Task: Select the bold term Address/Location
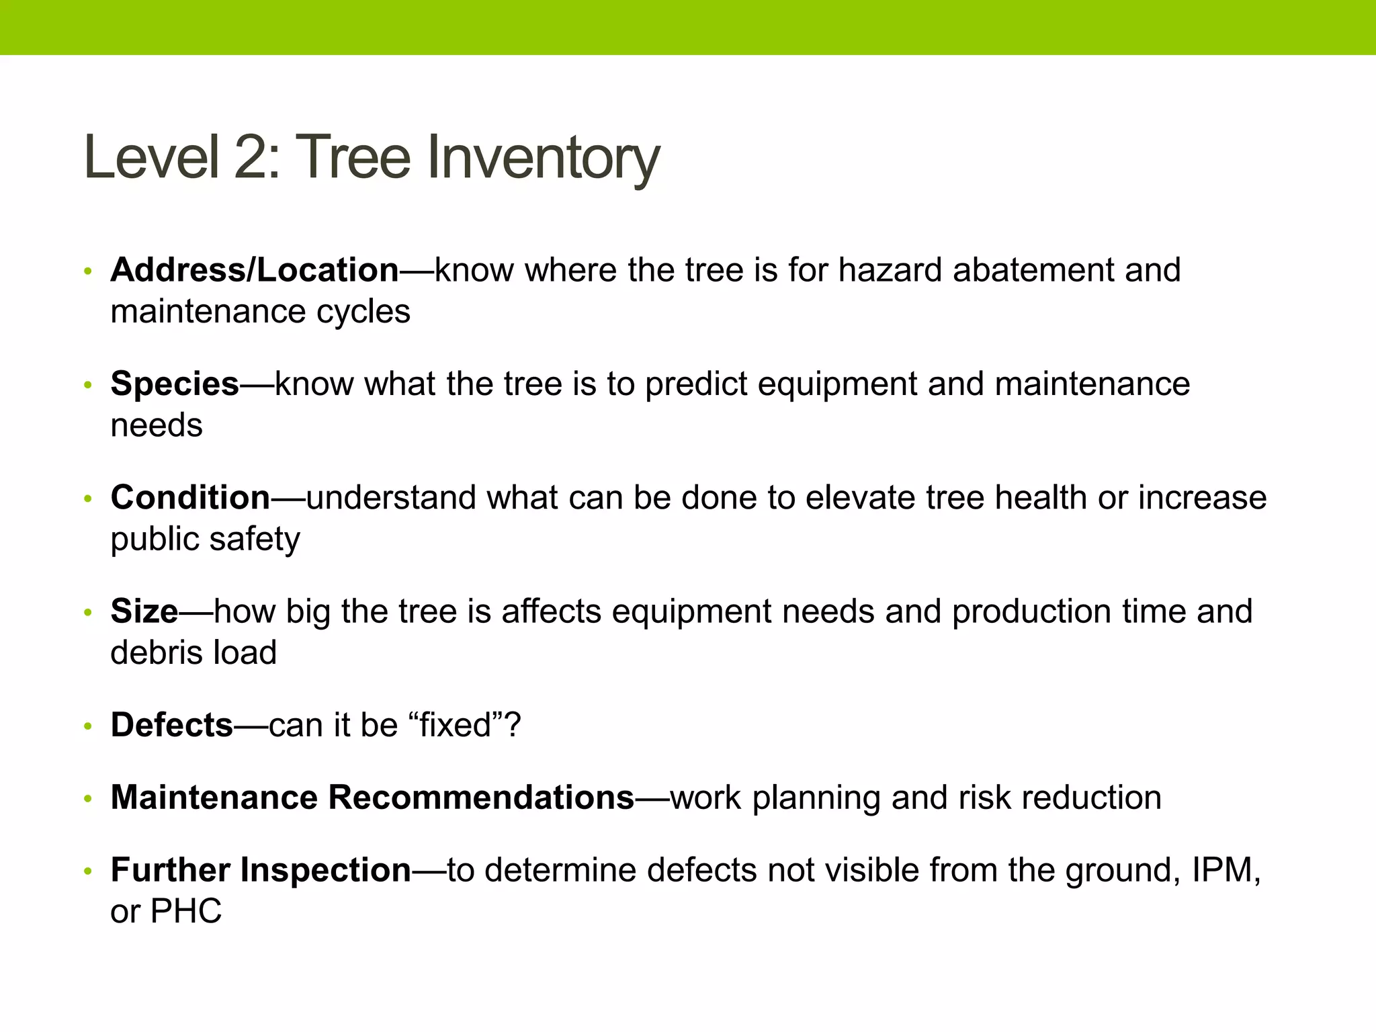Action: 255,270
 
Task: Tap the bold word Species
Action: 175,384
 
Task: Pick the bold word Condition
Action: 190,498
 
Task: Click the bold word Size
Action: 144,611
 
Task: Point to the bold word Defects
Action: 171,726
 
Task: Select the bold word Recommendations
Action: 481,798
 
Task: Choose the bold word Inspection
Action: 325,870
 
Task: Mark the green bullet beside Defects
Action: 87,727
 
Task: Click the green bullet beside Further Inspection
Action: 87,871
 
